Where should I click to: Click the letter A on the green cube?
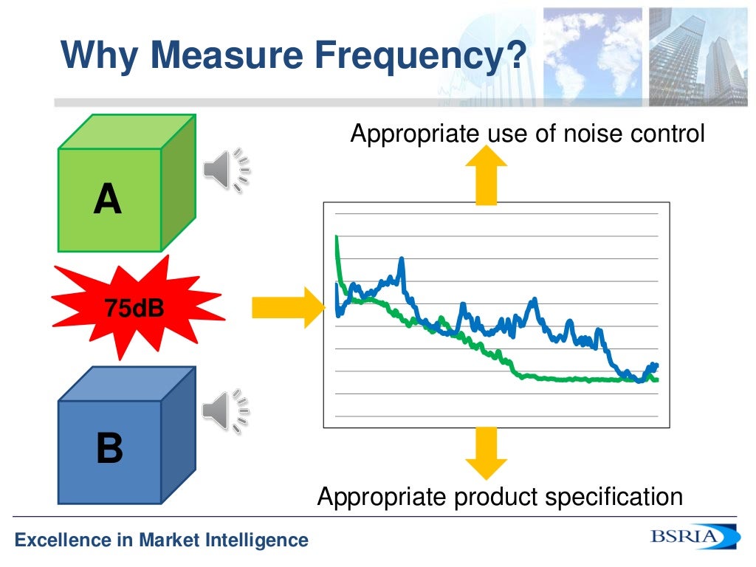tap(108, 199)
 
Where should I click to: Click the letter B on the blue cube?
tap(109, 449)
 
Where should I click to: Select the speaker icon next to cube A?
tap(226, 170)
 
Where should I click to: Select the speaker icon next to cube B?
tap(226, 410)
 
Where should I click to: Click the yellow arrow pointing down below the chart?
tap(486, 453)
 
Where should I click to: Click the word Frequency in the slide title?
tap(418, 55)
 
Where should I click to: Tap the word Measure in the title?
tap(222, 55)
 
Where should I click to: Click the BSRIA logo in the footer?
tap(693, 537)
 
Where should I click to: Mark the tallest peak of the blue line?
tap(401, 259)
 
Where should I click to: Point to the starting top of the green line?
tap(337, 237)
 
